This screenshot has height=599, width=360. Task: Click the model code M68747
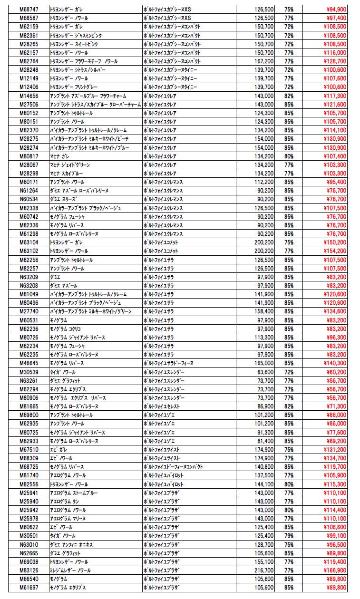tap(29, 10)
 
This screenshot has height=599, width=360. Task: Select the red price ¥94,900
tap(334, 10)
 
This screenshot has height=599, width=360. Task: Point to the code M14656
tap(29, 96)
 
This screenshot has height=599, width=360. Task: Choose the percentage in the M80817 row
tap(289, 156)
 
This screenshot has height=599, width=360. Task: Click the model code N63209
tap(29, 277)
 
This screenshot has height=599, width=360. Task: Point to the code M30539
tap(29, 372)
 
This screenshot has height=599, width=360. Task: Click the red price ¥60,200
tap(334, 372)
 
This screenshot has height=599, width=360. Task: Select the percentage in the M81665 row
tap(289, 406)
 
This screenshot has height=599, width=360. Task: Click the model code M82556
tap(29, 484)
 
